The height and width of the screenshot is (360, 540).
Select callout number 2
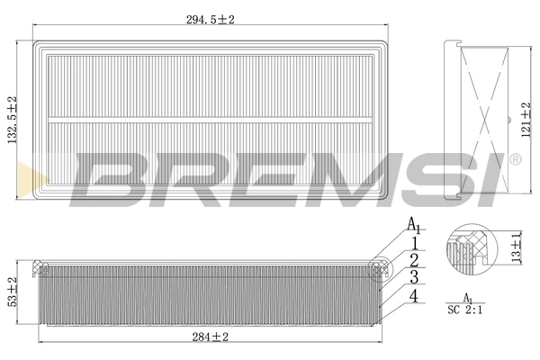[x=413, y=259]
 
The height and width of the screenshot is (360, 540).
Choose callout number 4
[x=413, y=295]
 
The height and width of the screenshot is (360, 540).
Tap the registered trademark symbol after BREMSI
[x=516, y=159]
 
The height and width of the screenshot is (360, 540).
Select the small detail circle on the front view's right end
[x=381, y=265]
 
